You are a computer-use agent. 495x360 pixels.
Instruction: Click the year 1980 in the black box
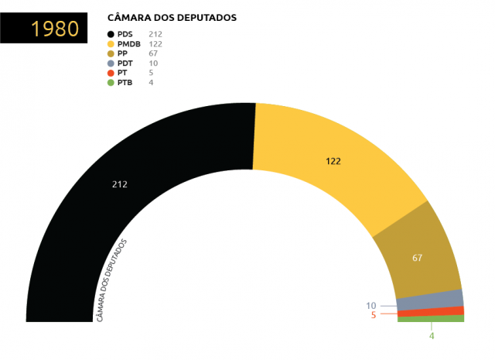[55, 29]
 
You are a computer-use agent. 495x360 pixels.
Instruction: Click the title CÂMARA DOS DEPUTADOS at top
[171, 17]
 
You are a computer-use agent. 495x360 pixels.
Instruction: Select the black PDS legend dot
[111, 34]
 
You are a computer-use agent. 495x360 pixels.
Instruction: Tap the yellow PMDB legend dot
[111, 44]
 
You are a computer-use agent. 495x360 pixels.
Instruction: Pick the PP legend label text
[123, 53]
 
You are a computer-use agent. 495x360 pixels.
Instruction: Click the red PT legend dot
[111, 73]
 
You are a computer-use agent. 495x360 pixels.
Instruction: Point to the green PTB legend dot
[111, 82]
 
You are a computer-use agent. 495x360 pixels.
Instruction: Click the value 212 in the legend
[155, 34]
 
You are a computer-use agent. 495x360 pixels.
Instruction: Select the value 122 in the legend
[155, 44]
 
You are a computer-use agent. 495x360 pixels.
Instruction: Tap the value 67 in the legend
[153, 53]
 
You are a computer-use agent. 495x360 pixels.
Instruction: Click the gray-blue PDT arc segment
[430, 300]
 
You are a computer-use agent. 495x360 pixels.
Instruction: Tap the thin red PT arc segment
[431, 311]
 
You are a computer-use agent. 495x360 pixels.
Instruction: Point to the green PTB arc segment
[431, 318]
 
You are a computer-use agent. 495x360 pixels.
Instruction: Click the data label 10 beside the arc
[371, 305]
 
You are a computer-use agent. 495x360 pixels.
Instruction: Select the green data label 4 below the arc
[432, 336]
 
